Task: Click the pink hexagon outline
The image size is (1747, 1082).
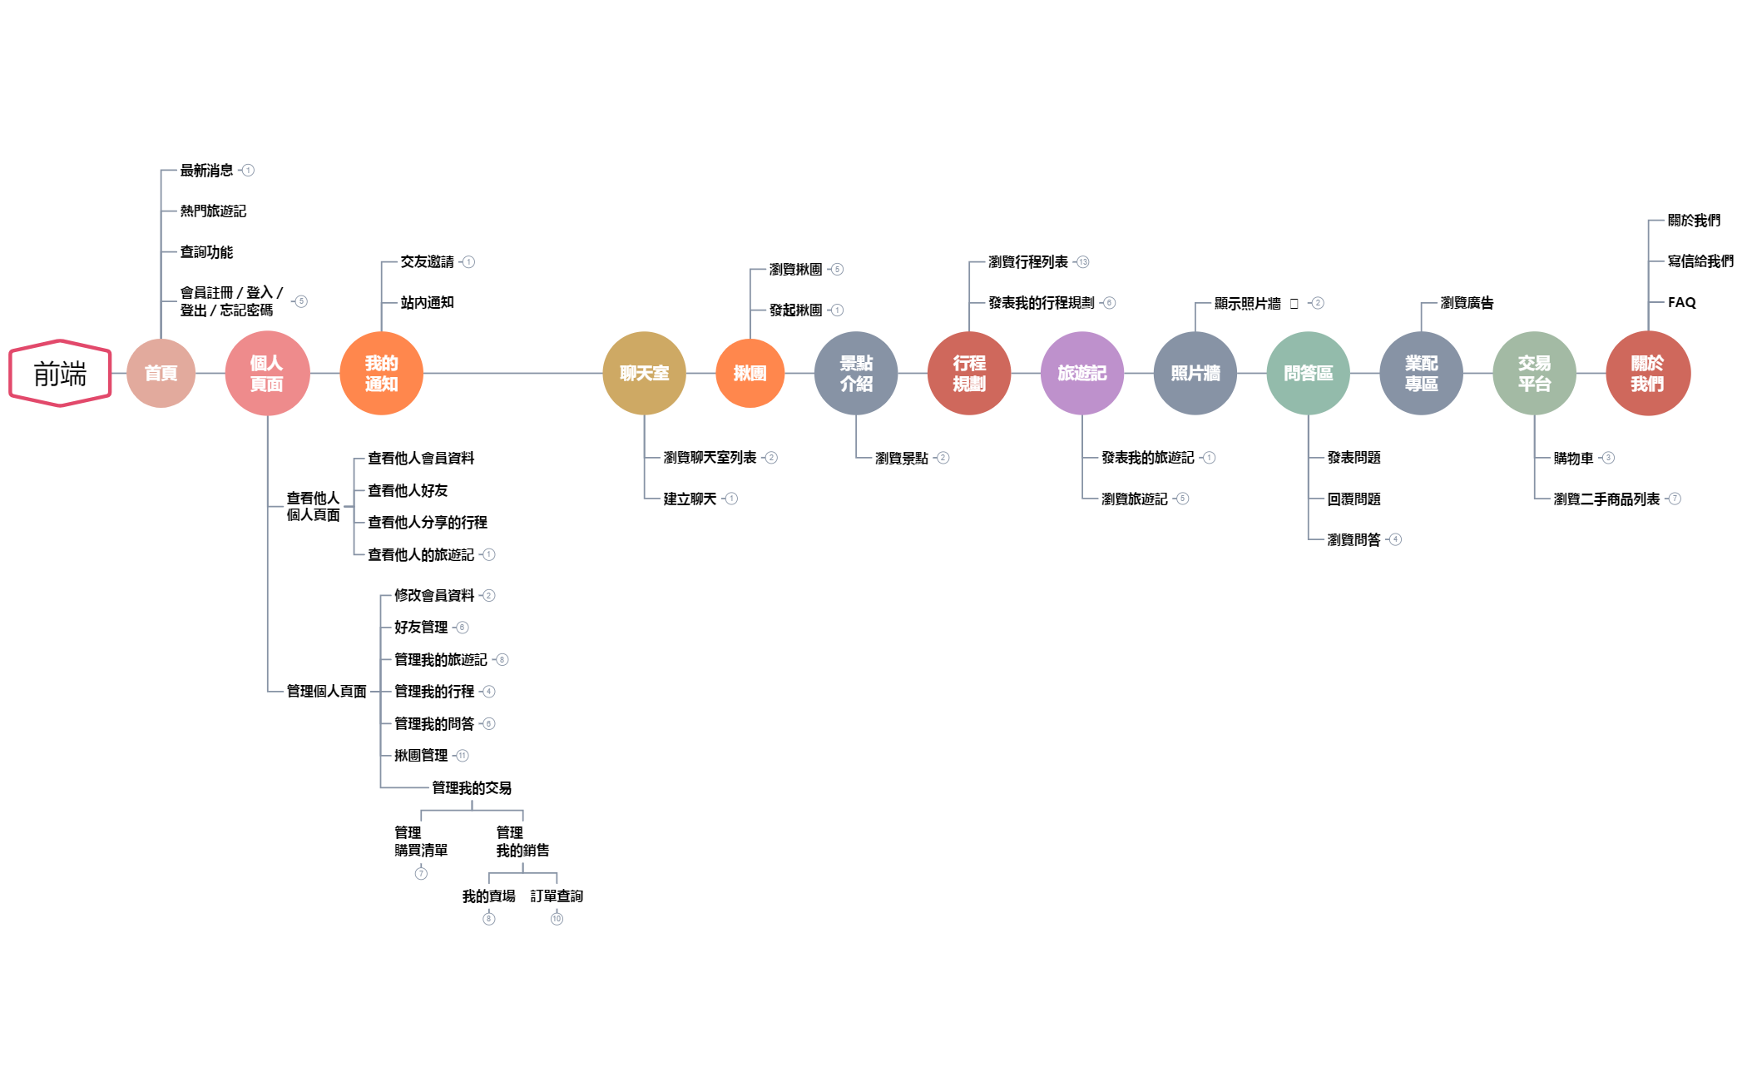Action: point(60,373)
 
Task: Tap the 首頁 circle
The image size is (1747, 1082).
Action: point(161,373)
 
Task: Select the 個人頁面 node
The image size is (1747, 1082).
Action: point(267,373)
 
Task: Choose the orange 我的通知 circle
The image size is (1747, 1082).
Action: point(381,373)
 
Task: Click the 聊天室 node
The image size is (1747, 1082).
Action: point(644,373)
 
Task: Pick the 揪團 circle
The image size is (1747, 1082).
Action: point(750,373)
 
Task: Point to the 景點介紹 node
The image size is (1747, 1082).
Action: point(856,373)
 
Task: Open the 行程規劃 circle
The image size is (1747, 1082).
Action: point(969,373)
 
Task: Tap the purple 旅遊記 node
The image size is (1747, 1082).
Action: point(1082,373)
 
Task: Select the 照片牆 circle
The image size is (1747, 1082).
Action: point(1195,373)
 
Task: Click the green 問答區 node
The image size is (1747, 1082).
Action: point(1308,373)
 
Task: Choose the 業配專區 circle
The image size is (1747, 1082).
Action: point(1421,373)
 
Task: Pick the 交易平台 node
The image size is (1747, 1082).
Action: point(1534,373)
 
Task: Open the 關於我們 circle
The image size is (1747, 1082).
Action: point(1647,373)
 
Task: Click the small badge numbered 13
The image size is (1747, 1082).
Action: point(1083,262)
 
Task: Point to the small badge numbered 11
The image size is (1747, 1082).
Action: point(463,756)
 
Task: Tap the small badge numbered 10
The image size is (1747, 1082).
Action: point(557,919)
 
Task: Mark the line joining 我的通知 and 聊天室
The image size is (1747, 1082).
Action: point(512,373)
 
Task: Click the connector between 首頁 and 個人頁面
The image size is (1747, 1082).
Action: point(210,373)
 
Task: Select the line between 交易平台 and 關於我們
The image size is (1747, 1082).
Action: point(1591,373)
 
